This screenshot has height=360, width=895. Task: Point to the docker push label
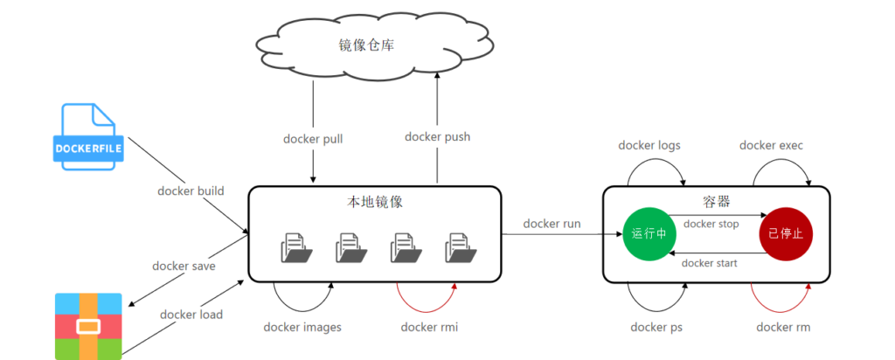click(x=437, y=136)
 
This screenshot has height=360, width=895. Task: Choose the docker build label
click(x=191, y=191)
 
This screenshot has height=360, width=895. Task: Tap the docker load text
click(x=191, y=314)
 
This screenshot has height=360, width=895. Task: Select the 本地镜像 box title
click(x=374, y=202)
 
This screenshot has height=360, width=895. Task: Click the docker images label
click(x=302, y=327)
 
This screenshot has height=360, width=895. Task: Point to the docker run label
click(x=552, y=224)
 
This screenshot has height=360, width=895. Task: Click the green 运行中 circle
click(x=649, y=235)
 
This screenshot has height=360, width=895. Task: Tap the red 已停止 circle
click(x=786, y=235)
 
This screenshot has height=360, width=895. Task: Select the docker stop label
click(x=711, y=224)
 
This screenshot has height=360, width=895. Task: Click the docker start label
click(x=709, y=262)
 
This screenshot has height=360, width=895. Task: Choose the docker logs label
click(x=649, y=145)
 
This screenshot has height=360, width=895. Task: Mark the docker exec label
click(x=771, y=145)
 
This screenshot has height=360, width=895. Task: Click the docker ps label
click(x=656, y=327)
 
